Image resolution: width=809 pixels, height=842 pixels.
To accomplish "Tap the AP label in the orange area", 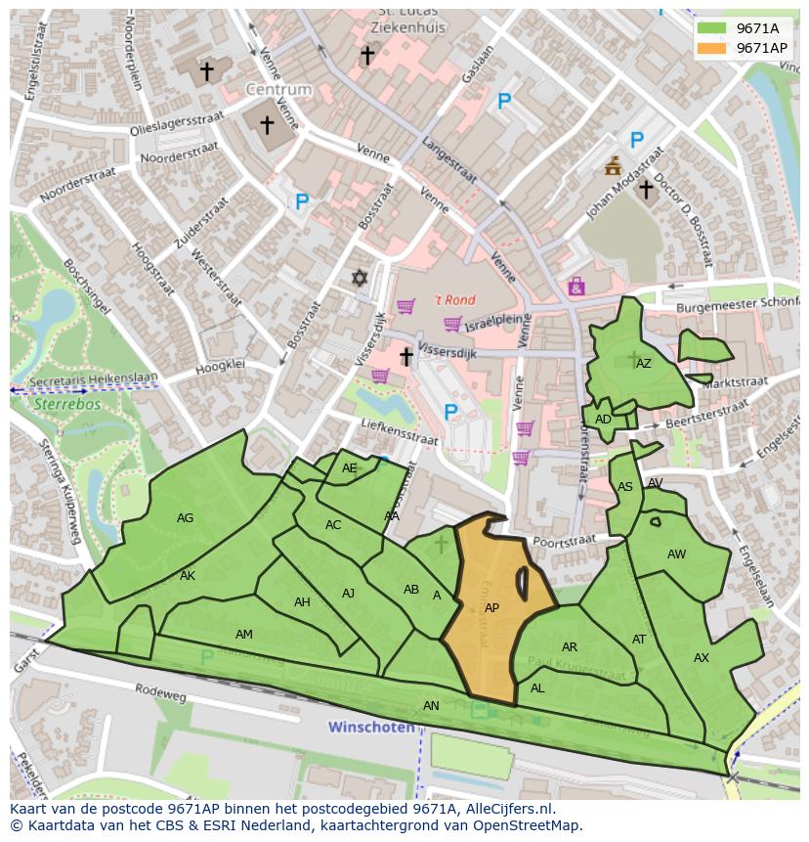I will coord(491,608).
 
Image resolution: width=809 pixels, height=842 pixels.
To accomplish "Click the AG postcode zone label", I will coord(185,518).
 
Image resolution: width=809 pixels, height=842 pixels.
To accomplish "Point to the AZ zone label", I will coord(643,364).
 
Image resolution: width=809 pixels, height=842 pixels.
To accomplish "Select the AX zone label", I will coord(701,658).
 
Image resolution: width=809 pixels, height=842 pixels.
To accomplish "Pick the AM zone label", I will coord(244,635).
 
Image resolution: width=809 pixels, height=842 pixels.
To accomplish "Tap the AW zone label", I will coord(676,554).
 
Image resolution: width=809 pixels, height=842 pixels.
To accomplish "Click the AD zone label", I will coord(603,420).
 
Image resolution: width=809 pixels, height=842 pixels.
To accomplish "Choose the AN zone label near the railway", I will coord(431,705).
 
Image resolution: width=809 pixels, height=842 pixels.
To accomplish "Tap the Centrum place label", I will coord(278,90).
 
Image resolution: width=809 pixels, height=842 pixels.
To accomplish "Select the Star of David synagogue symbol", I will coord(360,279).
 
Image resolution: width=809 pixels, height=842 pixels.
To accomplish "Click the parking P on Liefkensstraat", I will coord(450,413).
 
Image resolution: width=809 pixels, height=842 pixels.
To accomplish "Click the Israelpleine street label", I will coord(497,322).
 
